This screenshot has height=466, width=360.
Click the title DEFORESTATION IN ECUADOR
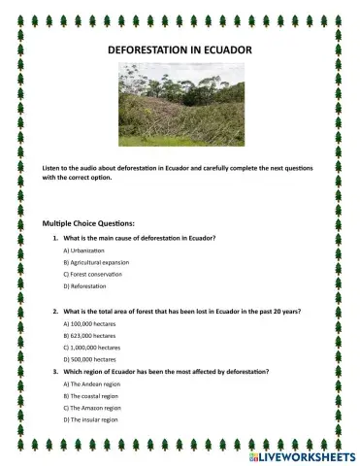[180, 48]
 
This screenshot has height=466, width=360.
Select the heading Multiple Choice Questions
[89, 222]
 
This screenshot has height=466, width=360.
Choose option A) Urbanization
[85, 250]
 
